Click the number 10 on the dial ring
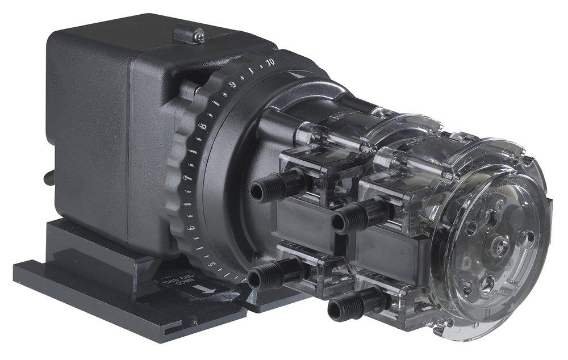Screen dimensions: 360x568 click(x=270, y=61)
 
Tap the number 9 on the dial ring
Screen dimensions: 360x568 click(x=232, y=85)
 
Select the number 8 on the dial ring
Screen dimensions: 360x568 click(x=203, y=125)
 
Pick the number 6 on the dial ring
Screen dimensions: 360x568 click(x=191, y=228)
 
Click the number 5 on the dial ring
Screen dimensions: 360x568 click(x=211, y=265)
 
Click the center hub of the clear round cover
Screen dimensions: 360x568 click(x=498, y=245)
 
